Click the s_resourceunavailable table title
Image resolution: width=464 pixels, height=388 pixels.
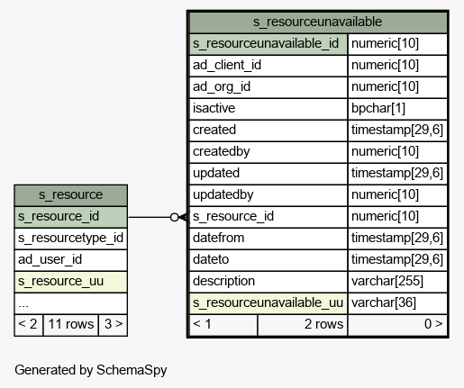pyautogui.click(x=317, y=22)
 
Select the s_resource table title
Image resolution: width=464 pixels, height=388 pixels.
pyautogui.click(x=70, y=194)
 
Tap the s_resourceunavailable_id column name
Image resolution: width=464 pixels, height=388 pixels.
pyautogui.click(x=266, y=43)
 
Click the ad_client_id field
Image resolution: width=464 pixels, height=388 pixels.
pyautogui.click(x=227, y=65)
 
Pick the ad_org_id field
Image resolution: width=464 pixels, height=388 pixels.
pyautogui.click(x=222, y=86)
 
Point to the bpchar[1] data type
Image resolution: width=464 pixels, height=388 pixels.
pyautogui.click(x=378, y=108)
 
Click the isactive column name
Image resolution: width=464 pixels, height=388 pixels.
pyautogui.click(x=214, y=108)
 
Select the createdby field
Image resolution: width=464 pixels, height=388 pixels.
pyautogui.click(x=222, y=151)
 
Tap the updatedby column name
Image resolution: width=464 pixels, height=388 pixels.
pyautogui.click(x=223, y=194)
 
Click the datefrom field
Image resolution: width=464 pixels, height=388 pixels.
pyautogui.click(x=219, y=238)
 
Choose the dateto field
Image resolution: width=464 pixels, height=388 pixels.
pyautogui.click(x=211, y=259)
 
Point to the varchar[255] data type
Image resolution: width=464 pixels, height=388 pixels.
pyautogui.click(x=387, y=281)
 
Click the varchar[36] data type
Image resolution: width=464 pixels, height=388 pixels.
pyautogui.click(x=384, y=302)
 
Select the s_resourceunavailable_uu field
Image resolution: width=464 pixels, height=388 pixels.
pyautogui.click(x=268, y=302)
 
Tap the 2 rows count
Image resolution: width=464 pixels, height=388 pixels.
pyautogui.click(x=323, y=324)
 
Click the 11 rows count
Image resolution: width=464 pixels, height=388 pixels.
pyautogui.click(x=71, y=324)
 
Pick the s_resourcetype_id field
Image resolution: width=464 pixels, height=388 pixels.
pyautogui.click(x=70, y=238)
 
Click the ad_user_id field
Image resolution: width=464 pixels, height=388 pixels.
pyautogui.click(x=50, y=259)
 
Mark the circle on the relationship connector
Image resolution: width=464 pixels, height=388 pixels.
pyautogui.click(x=175, y=217)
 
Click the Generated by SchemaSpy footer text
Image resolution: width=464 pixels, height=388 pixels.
pyautogui.click(x=91, y=370)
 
